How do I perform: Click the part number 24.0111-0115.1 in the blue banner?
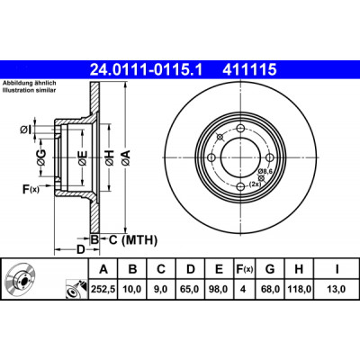click(147, 70)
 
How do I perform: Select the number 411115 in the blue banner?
click(249, 70)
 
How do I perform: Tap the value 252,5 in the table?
click(103, 289)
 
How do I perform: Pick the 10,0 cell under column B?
click(132, 289)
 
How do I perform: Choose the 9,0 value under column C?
click(161, 289)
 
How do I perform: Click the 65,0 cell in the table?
click(191, 289)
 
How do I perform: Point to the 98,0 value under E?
click(220, 289)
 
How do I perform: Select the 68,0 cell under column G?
click(270, 289)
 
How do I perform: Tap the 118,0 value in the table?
click(299, 289)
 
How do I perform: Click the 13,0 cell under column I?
click(337, 289)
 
